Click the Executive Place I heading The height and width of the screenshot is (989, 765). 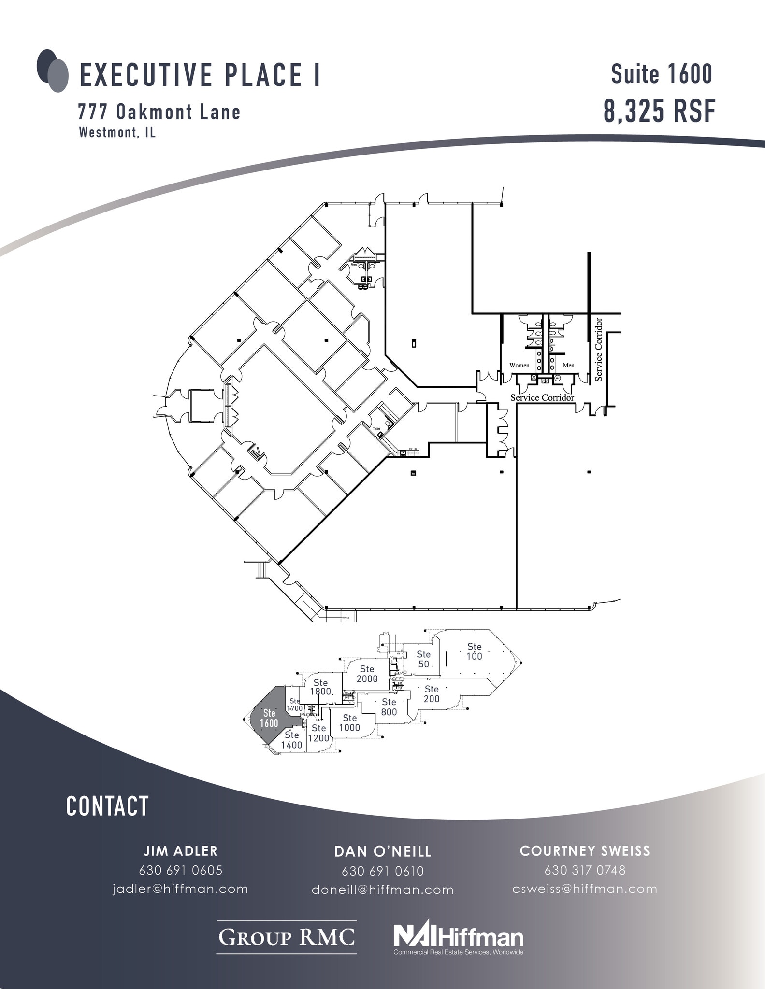click(x=200, y=75)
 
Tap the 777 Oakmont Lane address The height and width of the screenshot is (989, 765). click(x=159, y=112)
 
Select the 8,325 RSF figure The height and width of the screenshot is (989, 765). click(x=659, y=111)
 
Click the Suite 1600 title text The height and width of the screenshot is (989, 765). click(x=662, y=74)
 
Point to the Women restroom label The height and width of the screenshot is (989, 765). click(x=519, y=366)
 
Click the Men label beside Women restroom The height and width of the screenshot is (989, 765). click(x=568, y=366)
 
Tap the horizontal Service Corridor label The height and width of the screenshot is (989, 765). click(x=542, y=397)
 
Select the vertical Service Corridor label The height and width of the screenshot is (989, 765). click(x=599, y=349)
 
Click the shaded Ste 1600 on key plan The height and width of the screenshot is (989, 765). click(x=269, y=718)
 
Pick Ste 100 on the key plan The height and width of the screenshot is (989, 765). click(x=474, y=651)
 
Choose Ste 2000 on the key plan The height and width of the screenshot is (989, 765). click(x=367, y=674)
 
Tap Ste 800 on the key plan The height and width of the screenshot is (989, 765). click(x=389, y=706)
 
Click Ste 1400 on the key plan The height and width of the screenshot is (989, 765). click(x=291, y=740)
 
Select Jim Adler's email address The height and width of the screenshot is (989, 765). click(x=180, y=889)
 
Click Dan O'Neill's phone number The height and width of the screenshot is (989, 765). click(x=382, y=871)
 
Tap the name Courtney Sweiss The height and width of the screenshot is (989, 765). click(x=585, y=851)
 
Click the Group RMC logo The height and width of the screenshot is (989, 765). click(x=286, y=937)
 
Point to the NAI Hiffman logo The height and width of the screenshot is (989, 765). click(x=458, y=937)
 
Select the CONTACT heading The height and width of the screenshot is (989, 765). click(x=107, y=806)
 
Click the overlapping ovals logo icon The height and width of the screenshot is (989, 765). click(x=52, y=71)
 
